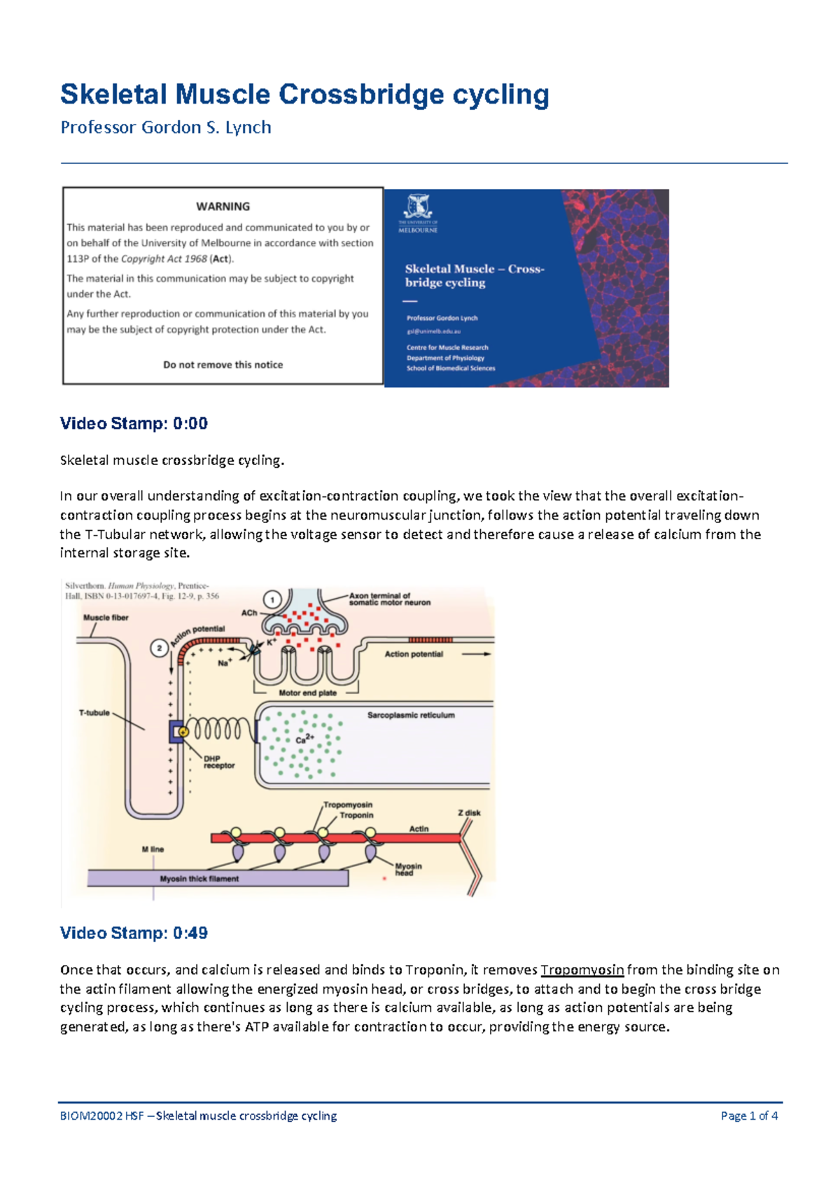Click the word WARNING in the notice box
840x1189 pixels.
coord(223,207)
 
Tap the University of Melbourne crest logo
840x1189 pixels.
coord(418,207)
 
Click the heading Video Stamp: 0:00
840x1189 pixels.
coord(134,424)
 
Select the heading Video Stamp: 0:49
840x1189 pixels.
coord(134,933)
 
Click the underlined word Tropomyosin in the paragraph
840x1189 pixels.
coord(582,971)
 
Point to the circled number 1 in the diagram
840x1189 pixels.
coord(272,599)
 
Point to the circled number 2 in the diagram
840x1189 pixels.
coord(160,648)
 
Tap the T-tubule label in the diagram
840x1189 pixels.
coord(94,713)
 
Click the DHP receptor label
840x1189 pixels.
coord(218,763)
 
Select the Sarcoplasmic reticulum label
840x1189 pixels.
coord(411,716)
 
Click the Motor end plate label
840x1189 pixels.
coord(307,693)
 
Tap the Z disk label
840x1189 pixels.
coord(469,813)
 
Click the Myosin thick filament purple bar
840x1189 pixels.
coord(217,879)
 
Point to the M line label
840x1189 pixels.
coord(153,849)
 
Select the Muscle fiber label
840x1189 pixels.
coord(106,618)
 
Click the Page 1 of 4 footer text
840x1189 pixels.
coord(749,1116)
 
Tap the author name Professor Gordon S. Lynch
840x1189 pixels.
coord(166,127)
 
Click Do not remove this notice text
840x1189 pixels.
coord(223,365)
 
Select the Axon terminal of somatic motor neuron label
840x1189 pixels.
coord(389,599)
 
